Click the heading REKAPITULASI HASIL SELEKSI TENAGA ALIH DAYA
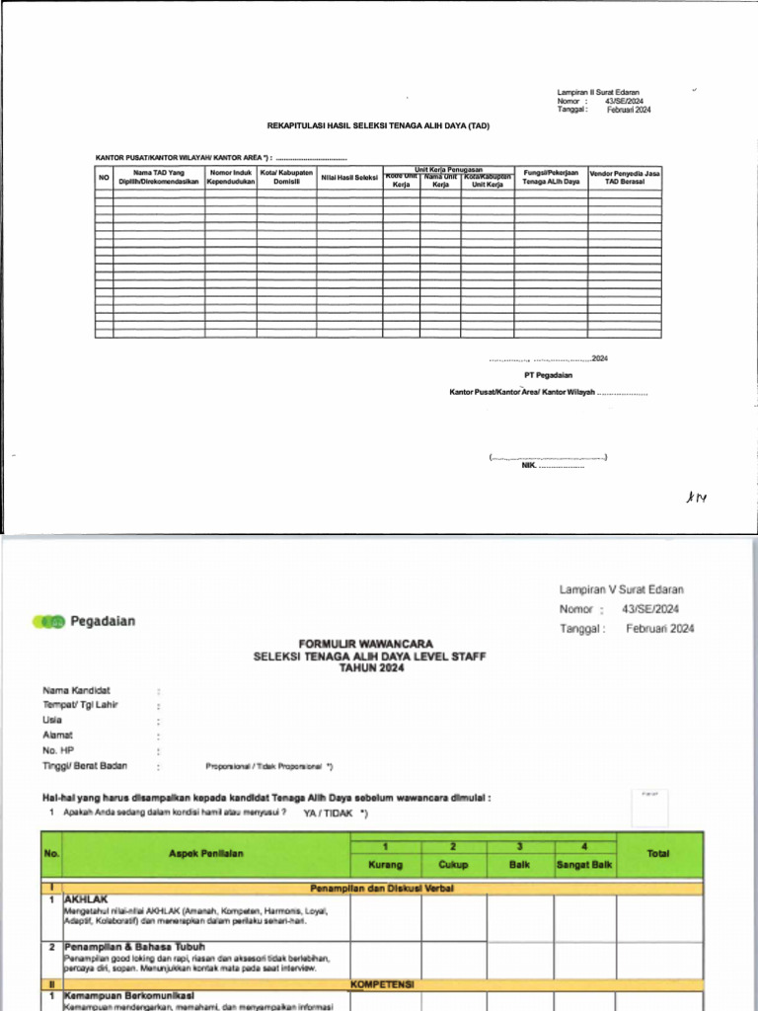pos(378,125)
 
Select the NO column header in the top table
pos(104,178)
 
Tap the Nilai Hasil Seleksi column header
pos(349,178)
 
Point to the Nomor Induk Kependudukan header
pos(231,178)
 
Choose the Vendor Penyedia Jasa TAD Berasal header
pos(625,178)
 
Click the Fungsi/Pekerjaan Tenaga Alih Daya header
pos(551,178)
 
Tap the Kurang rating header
pos(386,865)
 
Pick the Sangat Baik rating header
pos(585,865)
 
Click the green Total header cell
pos(658,853)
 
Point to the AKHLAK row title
pos(85,900)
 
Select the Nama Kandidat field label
pos(76,690)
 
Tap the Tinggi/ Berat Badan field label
pos(85,765)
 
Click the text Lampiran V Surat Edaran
pos(621,589)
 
